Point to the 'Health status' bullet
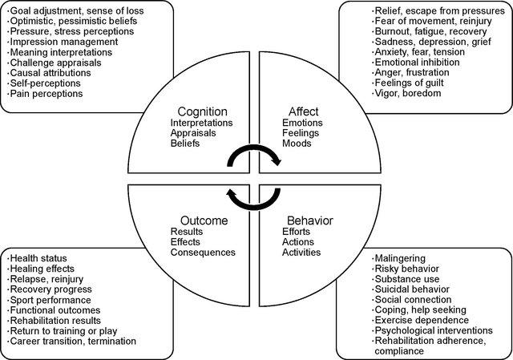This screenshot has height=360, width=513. [x=41, y=257]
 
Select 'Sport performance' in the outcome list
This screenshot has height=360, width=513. [x=51, y=299]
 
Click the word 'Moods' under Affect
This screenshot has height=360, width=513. [x=296, y=144]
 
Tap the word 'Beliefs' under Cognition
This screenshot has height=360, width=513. [x=187, y=144]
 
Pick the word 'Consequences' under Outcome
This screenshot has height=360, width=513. [x=203, y=253]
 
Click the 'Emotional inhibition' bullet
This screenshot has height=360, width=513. [x=416, y=62]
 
